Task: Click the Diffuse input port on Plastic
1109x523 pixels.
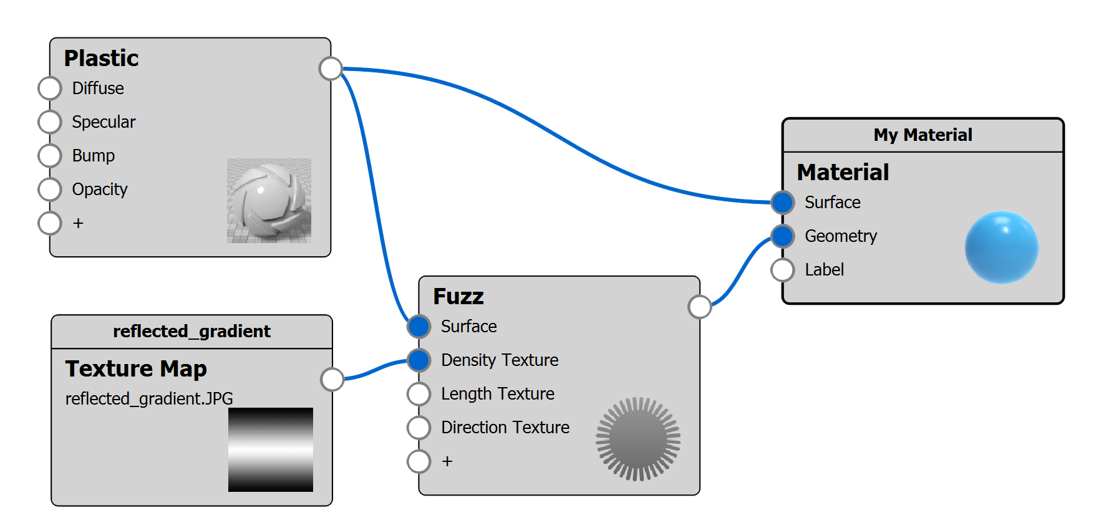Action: pos(49,89)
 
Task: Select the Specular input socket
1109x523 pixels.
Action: pos(49,122)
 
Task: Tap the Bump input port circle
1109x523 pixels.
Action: pos(49,156)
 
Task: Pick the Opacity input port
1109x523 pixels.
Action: pos(49,190)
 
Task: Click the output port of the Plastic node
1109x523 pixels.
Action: pos(331,69)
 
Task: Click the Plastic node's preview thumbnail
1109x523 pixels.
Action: pos(269,200)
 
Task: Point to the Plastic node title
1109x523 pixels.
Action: pos(102,59)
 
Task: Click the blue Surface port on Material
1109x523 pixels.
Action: pos(782,203)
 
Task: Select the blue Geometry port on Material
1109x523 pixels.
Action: pos(782,236)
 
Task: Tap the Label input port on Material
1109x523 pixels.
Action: pos(782,270)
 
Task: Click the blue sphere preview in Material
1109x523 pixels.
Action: pos(1001,247)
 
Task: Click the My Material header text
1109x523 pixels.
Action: pos(923,135)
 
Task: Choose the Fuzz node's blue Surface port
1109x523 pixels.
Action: pos(419,326)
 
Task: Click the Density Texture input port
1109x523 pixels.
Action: pos(419,360)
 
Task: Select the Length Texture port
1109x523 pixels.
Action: pos(419,394)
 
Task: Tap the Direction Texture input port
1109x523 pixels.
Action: pos(419,428)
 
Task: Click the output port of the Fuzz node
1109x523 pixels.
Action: pos(700,307)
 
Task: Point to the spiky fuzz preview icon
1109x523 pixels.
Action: pos(637,439)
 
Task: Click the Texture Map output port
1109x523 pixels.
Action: pos(332,379)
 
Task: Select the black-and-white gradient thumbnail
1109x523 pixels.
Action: pos(271,449)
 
